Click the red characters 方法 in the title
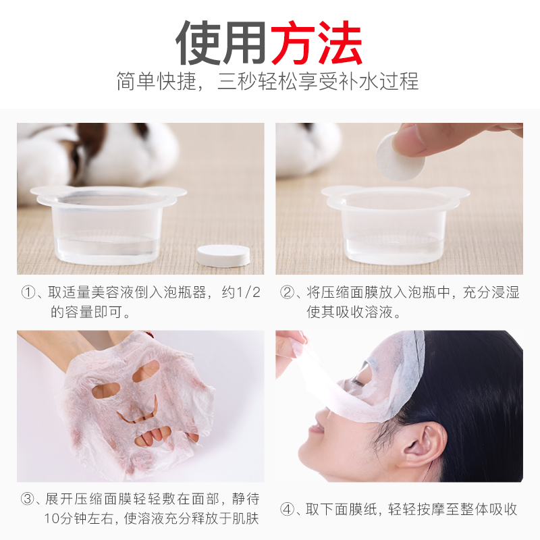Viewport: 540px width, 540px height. [316, 43]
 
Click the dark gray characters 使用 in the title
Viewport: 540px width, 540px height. [221, 43]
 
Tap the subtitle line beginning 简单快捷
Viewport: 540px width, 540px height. [267, 81]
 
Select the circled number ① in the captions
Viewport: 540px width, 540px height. [28, 293]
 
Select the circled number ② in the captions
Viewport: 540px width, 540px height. [287, 293]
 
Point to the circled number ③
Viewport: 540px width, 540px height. [28, 499]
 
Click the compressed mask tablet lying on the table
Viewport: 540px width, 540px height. [223, 256]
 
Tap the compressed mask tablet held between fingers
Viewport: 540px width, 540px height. [400, 157]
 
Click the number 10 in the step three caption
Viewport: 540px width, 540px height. [51, 518]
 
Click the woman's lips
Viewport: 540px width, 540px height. [317, 428]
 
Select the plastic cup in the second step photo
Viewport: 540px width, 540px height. [396, 225]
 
